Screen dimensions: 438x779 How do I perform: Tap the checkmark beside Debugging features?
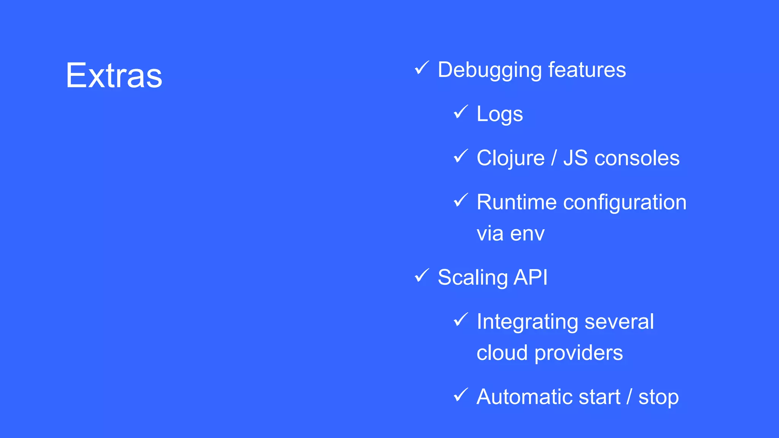[x=421, y=68]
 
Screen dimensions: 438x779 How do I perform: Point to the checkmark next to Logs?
[x=460, y=112]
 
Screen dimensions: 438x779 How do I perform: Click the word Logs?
[x=499, y=114]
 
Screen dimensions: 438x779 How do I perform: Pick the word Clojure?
[x=510, y=158]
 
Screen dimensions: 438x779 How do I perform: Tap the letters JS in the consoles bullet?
[x=576, y=158]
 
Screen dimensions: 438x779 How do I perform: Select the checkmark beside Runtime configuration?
[x=460, y=200]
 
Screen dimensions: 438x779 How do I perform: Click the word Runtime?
[x=517, y=202]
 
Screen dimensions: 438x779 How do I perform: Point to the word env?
[x=527, y=233]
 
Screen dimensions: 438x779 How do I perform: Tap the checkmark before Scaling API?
[x=421, y=276]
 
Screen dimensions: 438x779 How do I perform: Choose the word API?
[x=531, y=277]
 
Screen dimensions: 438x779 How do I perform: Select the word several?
[x=619, y=322]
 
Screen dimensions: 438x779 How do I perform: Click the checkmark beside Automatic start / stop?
[x=460, y=395]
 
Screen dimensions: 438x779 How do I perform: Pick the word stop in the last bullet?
[x=658, y=398]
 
